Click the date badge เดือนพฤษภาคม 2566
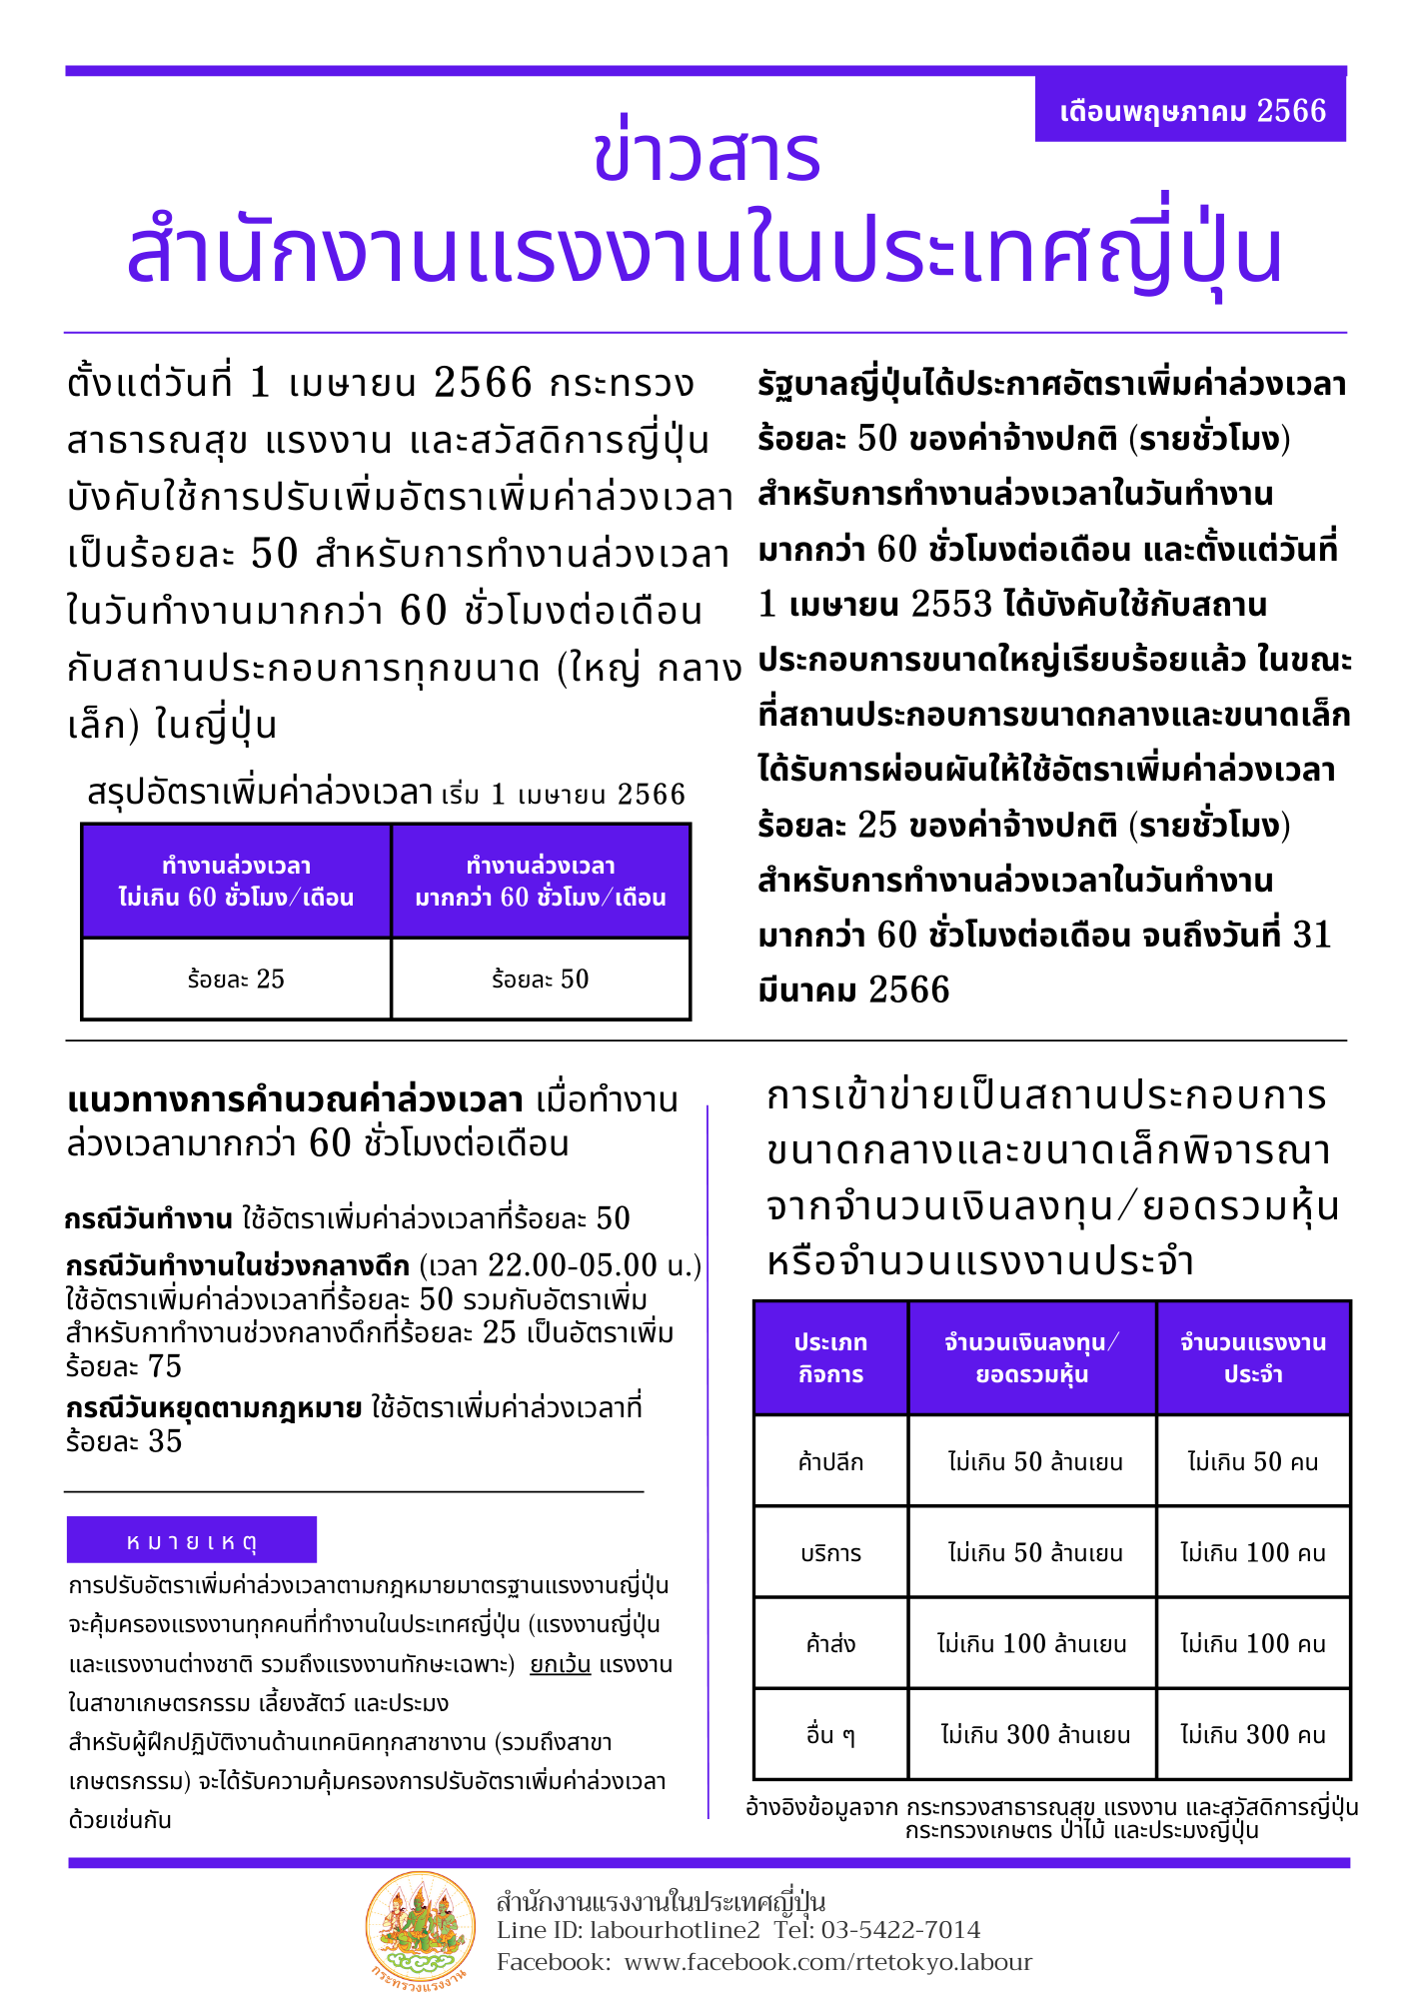click(1191, 110)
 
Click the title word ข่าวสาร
click(706, 155)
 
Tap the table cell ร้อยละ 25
click(236, 980)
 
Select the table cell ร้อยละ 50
click(541, 980)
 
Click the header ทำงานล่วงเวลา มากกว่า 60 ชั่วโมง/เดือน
click(541, 882)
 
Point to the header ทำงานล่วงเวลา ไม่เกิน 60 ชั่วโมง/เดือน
click(236, 882)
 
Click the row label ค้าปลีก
click(830, 1462)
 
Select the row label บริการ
click(830, 1553)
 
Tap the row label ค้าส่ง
click(830, 1644)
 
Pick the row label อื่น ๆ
click(830, 1735)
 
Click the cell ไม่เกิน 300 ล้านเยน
click(1034, 1735)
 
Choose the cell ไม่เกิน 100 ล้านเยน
click(1032, 1644)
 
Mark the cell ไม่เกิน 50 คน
click(1253, 1462)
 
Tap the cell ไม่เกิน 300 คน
click(1253, 1735)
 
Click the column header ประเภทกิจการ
click(830, 1358)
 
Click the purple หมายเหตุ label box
click(192, 1540)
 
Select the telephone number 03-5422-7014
click(900, 1930)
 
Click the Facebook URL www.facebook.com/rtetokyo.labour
click(828, 1962)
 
